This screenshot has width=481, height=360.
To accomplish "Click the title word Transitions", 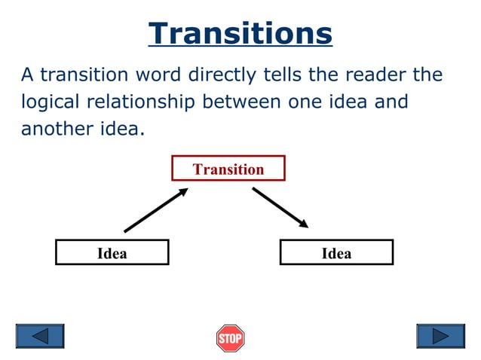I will point(240,34).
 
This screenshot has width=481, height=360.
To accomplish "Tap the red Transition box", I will point(228,169).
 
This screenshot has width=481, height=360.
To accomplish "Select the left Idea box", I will point(112,253).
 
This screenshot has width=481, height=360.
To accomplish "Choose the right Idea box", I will point(336,253).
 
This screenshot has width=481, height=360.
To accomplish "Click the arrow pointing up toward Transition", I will point(155,211).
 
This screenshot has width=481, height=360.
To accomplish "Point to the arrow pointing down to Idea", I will point(280,208).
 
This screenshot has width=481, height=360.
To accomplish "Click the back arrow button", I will point(40,336).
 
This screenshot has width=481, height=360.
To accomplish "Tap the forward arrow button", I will point(440,336).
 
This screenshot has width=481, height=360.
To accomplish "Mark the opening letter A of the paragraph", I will point(27,76).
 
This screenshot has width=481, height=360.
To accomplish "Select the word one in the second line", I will point(305,102).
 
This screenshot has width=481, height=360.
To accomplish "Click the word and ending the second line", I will point(392,102).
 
